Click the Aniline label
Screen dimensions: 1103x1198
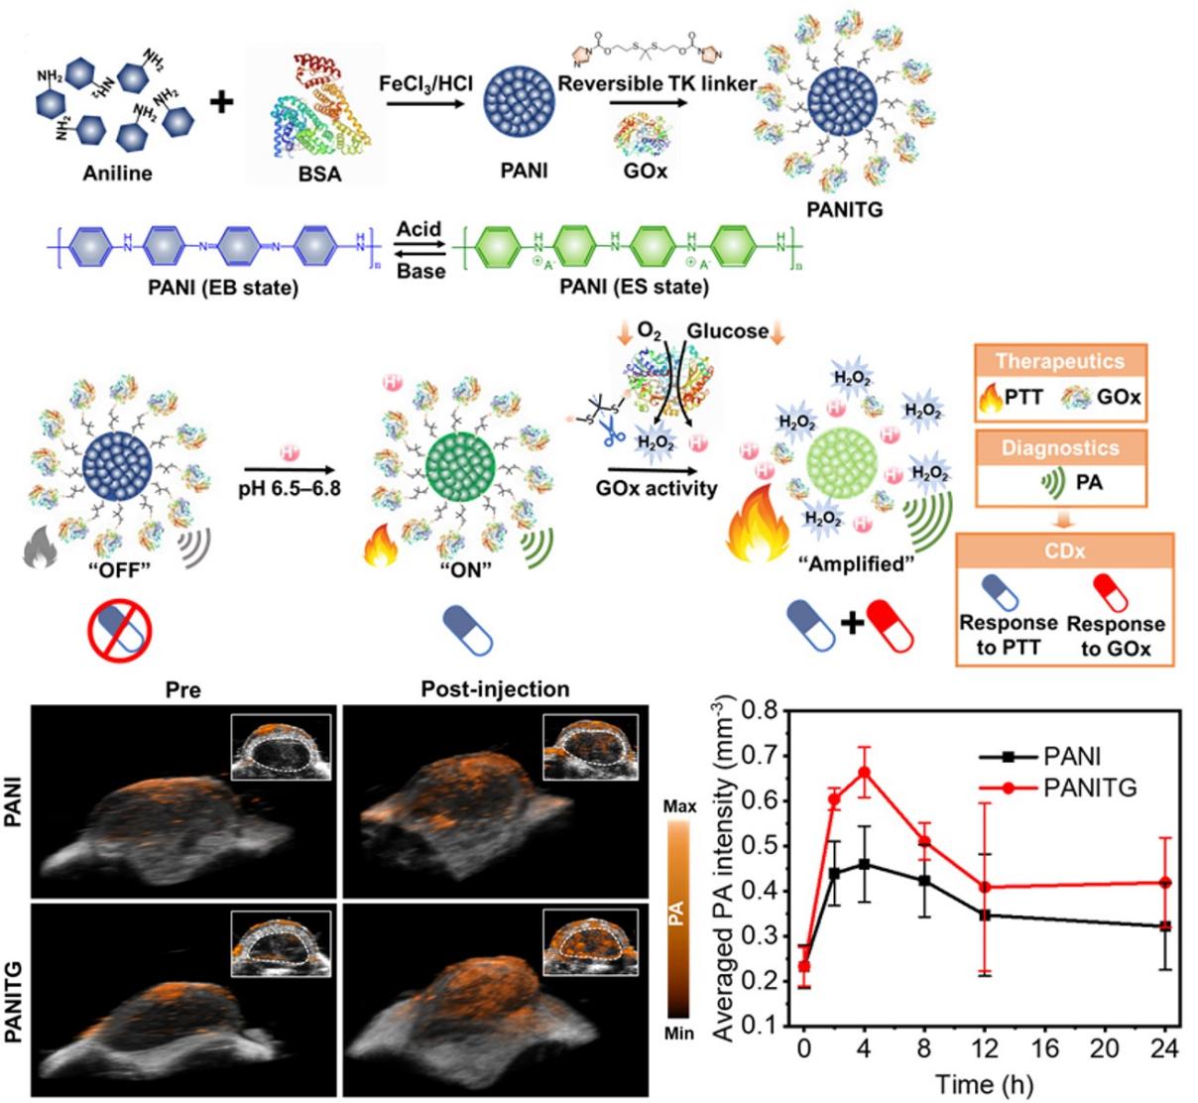point(117,174)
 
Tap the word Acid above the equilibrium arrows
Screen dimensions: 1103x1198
point(419,229)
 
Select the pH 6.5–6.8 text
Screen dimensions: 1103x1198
point(291,488)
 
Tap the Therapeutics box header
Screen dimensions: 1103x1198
point(1059,362)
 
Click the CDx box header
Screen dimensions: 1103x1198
point(1063,551)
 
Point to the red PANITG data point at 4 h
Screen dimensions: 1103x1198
point(864,772)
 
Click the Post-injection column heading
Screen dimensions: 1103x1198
point(495,688)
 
